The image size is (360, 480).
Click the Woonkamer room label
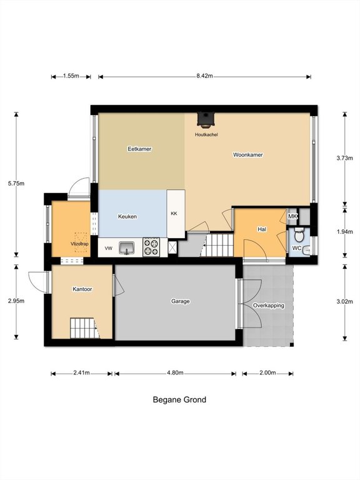click(x=248, y=155)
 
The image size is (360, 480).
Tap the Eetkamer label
click(x=139, y=149)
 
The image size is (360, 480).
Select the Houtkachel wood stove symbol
click(x=206, y=120)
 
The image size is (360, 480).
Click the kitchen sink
click(x=127, y=247)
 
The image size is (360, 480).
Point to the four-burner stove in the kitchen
click(x=151, y=247)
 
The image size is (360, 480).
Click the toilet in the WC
click(x=299, y=235)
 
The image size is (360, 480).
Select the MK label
click(x=292, y=216)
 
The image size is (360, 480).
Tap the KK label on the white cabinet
click(x=174, y=213)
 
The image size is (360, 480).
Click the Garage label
click(x=180, y=301)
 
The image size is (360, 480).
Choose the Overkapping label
click(x=269, y=306)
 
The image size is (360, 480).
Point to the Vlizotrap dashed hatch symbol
click(x=81, y=242)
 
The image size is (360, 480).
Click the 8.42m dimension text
click(x=204, y=76)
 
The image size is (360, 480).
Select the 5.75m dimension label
click(x=16, y=184)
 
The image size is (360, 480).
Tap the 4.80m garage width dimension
click(x=175, y=373)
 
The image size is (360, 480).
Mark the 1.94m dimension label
click(x=345, y=232)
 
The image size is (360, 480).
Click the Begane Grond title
click(x=179, y=400)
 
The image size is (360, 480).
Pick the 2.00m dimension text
click(x=267, y=373)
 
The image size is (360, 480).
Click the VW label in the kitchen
click(x=109, y=249)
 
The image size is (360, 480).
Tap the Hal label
click(x=262, y=229)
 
